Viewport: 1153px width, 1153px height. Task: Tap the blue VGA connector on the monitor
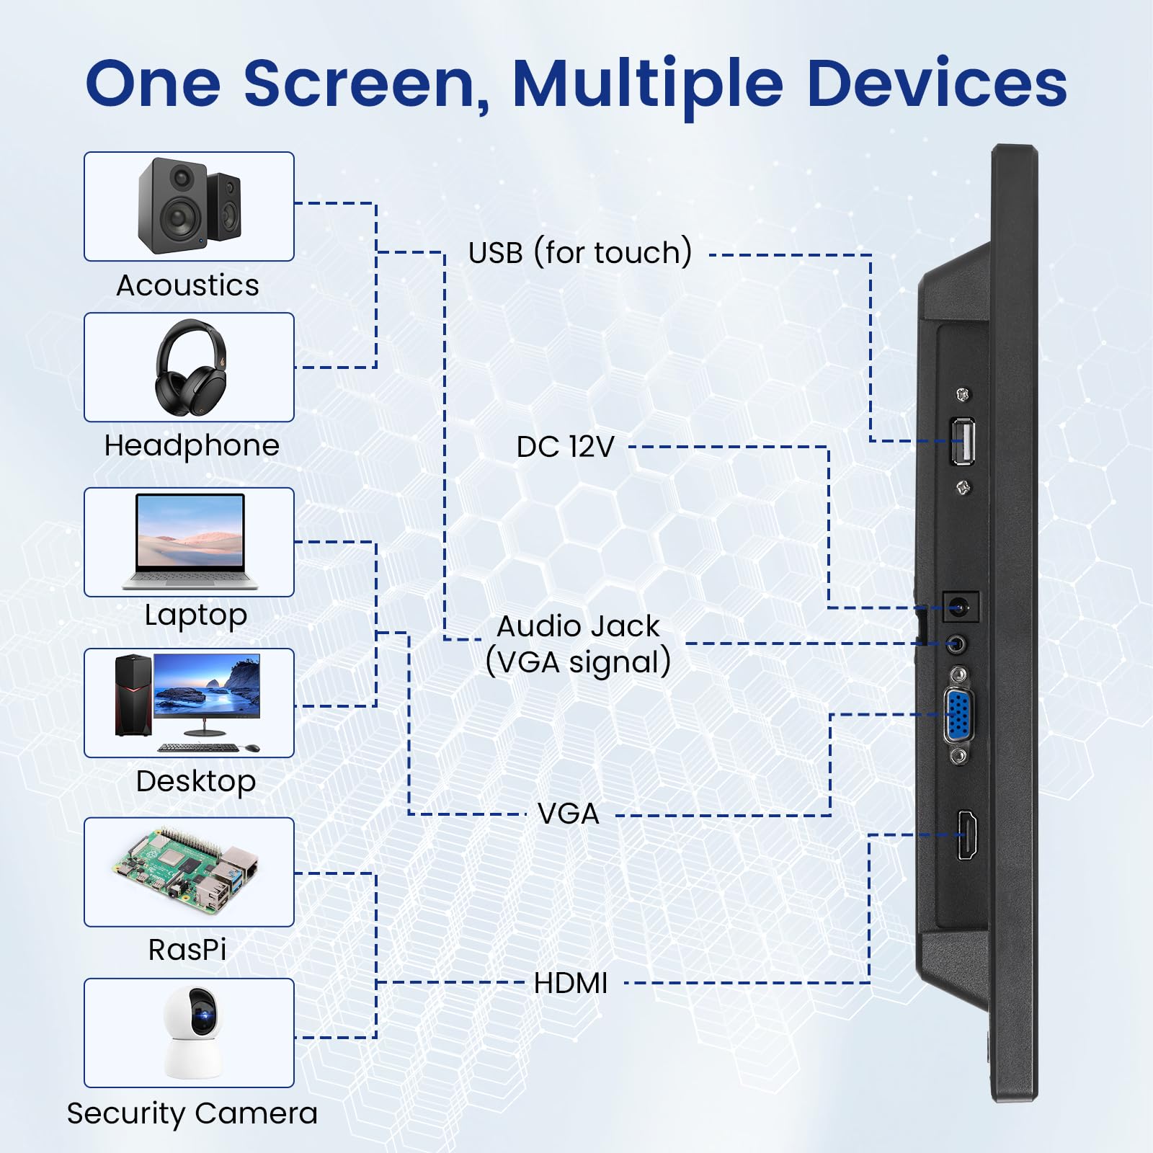(959, 715)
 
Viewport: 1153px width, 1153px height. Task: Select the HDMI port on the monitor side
(967, 834)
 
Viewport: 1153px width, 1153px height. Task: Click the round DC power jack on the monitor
(961, 607)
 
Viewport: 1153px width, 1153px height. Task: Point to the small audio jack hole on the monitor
(957, 644)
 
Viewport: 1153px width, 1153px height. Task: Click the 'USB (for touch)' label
(580, 253)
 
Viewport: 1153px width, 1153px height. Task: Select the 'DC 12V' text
(565, 447)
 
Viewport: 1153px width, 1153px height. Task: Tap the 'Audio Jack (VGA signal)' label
(578, 644)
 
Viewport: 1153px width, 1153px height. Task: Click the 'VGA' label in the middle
(569, 814)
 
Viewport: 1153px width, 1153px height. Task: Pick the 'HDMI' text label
(571, 983)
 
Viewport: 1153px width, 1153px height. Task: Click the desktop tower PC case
(133, 695)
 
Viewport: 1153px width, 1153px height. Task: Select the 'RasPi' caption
(187, 950)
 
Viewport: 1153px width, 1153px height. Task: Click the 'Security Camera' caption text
(192, 1113)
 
